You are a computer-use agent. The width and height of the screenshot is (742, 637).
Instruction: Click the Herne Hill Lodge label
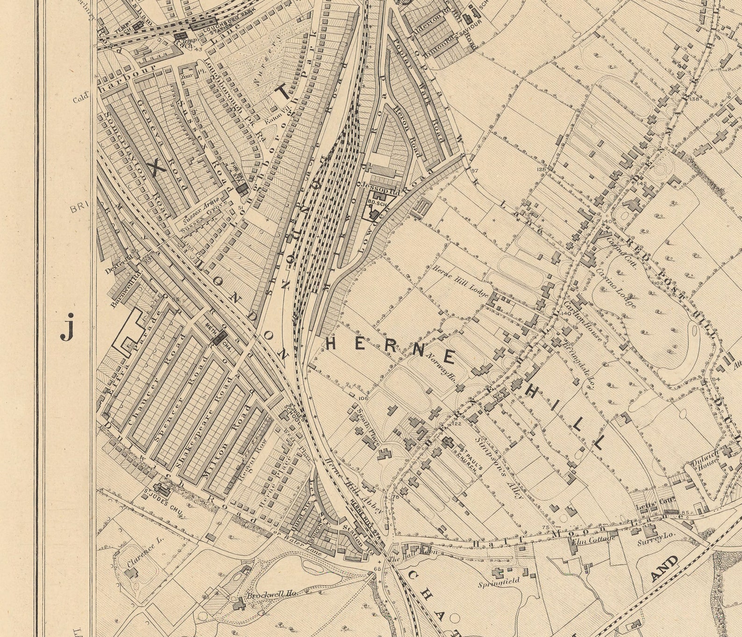(460, 282)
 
